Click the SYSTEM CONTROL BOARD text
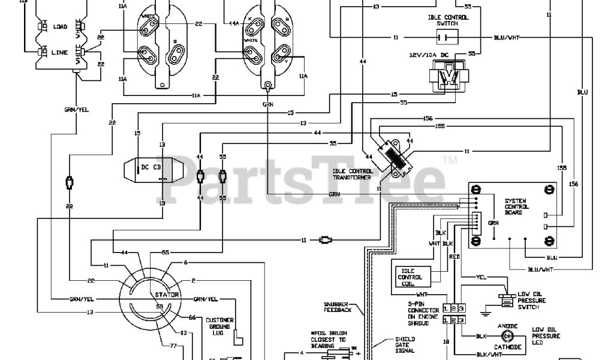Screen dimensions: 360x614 coord(517,207)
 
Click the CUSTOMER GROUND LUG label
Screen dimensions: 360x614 coord(219,326)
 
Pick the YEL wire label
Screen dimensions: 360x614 coord(480,278)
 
